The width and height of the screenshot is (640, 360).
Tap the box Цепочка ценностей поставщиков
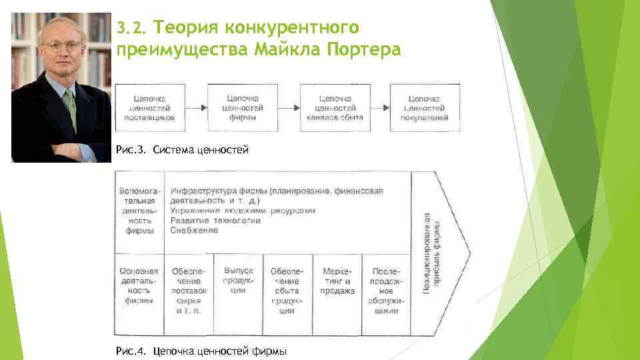pos(149,107)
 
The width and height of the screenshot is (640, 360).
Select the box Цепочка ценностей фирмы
pos(241,107)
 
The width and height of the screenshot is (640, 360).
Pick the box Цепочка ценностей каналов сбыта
pos(334,107)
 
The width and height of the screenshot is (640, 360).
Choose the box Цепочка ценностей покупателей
pos(425,107)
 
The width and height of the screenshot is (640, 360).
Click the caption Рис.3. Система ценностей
pos(182,150)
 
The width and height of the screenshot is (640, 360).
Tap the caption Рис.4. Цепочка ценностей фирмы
pos(201,351)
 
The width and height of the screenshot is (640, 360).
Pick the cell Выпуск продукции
pos(239,281)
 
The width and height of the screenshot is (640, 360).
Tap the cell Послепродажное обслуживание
pos(387,291)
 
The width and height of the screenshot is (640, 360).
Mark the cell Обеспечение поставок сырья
pos(189,291)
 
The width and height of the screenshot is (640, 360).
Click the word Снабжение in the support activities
pos(194,231)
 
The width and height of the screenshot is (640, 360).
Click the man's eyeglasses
pos(58,47)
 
